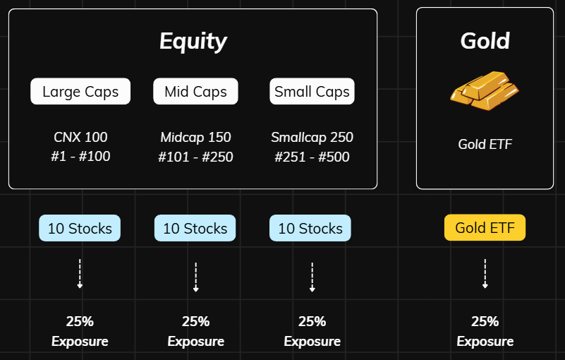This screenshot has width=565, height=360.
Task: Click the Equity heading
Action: click(x=193, y=41)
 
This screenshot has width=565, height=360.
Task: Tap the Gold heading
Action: click(x=485, y=40)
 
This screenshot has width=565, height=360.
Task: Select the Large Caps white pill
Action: click(x=80, y=91)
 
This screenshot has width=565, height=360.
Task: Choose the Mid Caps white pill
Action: click(x=195, y=91)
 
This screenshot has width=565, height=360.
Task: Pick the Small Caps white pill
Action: click(x=312, y=91)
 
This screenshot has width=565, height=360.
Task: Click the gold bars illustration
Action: click(x=485, y=90)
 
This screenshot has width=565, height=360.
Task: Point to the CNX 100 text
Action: click(x=80, y=137)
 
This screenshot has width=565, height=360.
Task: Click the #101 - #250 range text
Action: click(x=195, y=157)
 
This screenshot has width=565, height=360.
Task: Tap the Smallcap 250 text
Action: click(x=312, y=138)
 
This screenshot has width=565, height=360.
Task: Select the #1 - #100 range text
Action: click(x=80, y=157)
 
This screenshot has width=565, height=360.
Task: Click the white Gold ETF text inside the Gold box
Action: click(x=485, y=144)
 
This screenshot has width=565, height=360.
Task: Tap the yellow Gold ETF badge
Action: click(x=485, y=227)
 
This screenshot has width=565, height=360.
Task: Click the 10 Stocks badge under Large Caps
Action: click(x=80, y=228)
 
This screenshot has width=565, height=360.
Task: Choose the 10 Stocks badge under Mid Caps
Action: click(x=195, y=228)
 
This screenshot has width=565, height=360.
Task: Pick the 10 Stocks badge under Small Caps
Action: click(x=310, y=228)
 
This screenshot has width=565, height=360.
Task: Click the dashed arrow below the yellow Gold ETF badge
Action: click(x=485, y=273)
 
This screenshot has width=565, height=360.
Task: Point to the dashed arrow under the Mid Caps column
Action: click(x=195, y=277)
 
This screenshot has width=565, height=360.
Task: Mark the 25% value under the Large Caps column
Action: click(x=80, y=321)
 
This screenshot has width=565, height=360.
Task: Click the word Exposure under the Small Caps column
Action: click(x=312, y=341)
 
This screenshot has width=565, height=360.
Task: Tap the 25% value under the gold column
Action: click(x=485, y=321)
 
